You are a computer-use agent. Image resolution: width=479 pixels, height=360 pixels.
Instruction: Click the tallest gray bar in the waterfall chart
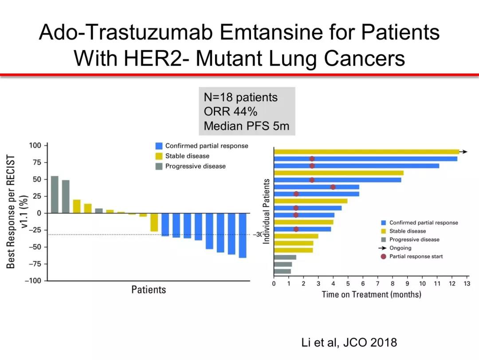point(55,194)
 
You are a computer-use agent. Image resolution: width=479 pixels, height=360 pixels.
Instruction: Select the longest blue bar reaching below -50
point(243,236)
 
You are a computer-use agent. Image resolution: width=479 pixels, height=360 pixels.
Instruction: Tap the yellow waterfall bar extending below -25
point(154,222)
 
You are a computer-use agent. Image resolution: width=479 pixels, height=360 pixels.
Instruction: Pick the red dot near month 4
point(333,187)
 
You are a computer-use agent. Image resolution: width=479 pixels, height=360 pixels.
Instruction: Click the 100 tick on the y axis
point(35,145)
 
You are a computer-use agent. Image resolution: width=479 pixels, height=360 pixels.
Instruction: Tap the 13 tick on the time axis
point(467,284)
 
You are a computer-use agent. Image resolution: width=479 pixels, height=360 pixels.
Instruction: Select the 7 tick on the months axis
point(377,284)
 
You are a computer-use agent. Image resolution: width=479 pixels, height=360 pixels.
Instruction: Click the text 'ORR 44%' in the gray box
point(231,111)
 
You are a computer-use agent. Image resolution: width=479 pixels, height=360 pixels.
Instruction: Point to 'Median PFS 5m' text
point(247,126)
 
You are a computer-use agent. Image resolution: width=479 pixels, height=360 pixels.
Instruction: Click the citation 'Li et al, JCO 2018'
point(349,342)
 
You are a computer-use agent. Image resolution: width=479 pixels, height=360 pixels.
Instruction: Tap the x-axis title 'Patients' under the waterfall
point(149,289)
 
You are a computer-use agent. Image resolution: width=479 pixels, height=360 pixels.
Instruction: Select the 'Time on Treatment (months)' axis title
point(372,294)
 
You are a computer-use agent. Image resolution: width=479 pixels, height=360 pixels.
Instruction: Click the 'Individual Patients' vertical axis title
point(267,211)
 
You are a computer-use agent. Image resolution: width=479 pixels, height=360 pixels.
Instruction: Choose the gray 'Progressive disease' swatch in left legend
point(159,166)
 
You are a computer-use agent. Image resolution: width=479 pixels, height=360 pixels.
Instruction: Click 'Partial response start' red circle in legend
point(383,256)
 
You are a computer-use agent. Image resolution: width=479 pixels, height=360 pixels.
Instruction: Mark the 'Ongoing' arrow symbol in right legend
point(382,248)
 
